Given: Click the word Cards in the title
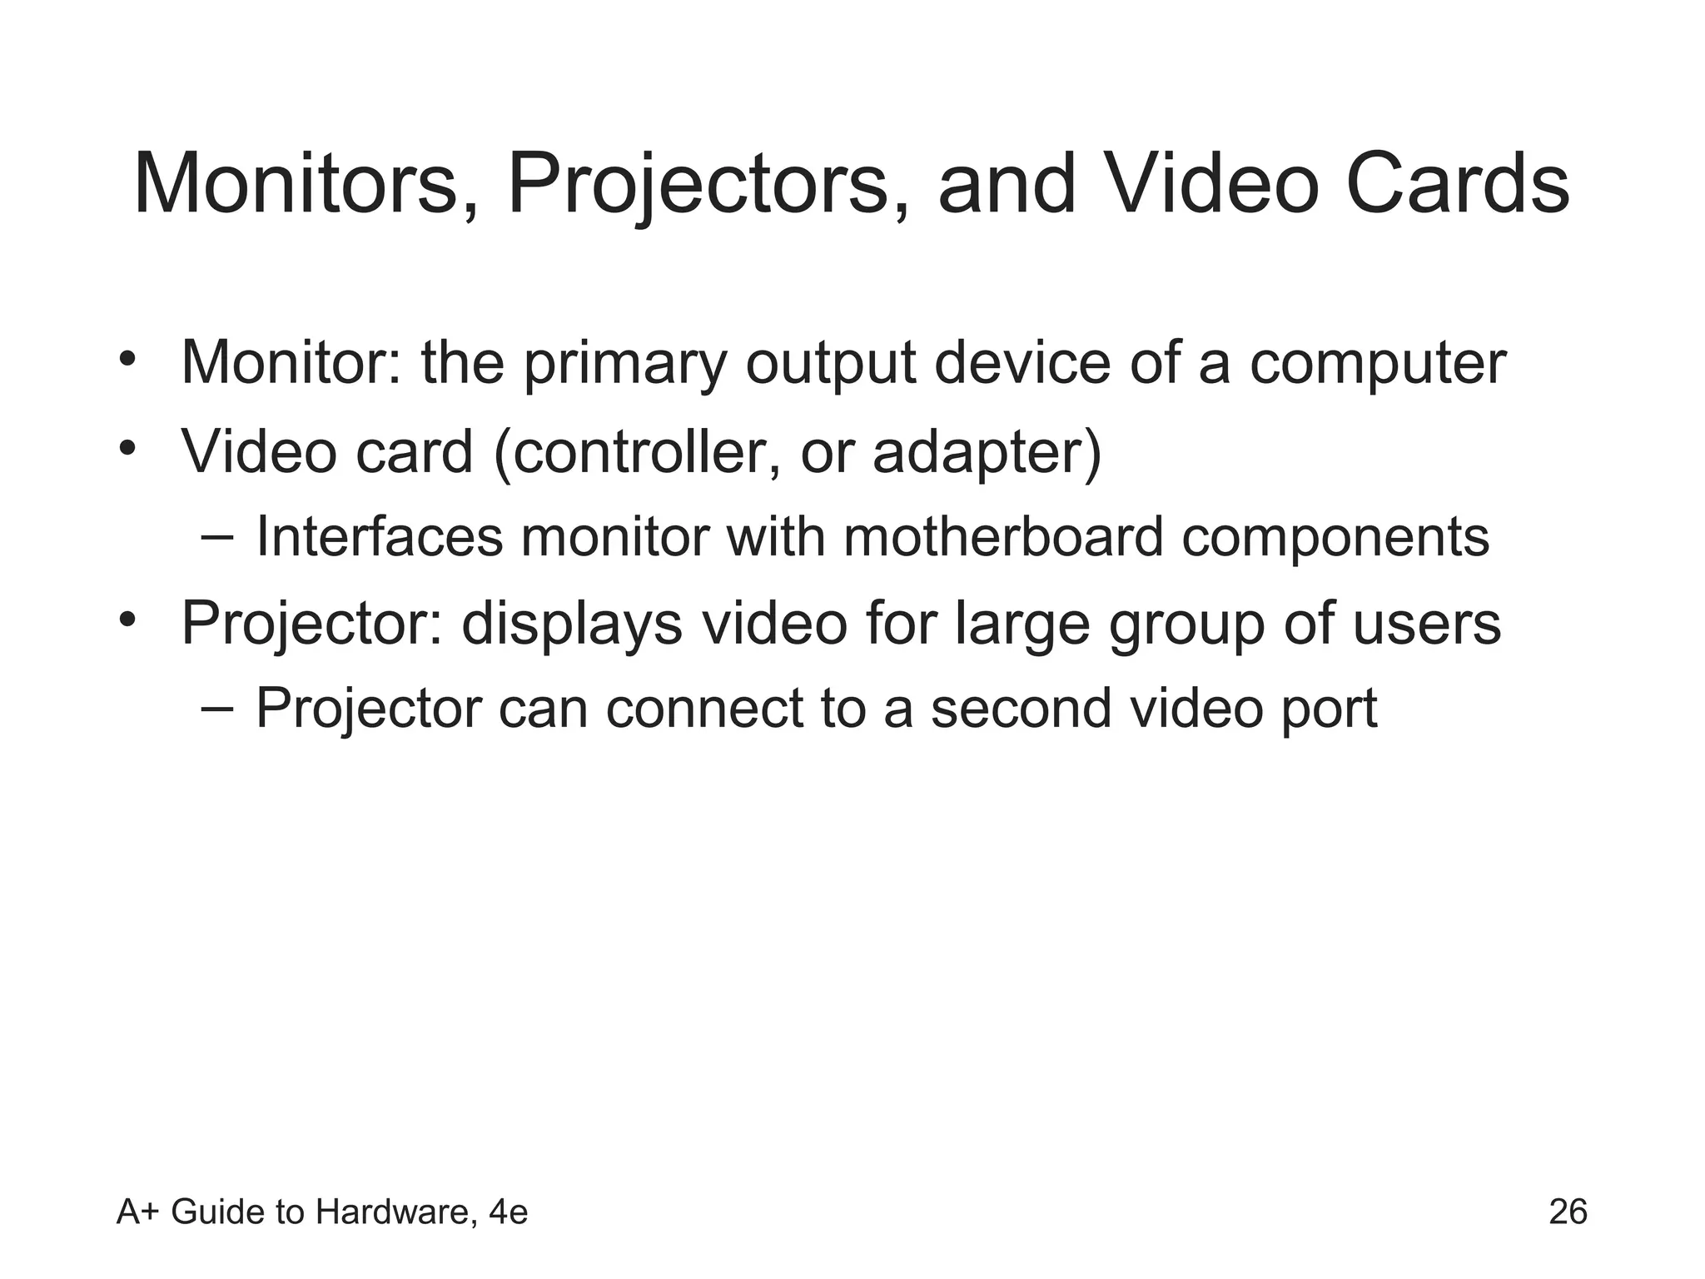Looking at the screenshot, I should [1457, 184].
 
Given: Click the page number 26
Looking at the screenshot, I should [1568, 1212].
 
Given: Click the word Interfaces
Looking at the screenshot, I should [380, 537].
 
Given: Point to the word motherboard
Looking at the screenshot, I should [1003, 537].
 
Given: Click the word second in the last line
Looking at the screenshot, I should [1021, 709].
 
